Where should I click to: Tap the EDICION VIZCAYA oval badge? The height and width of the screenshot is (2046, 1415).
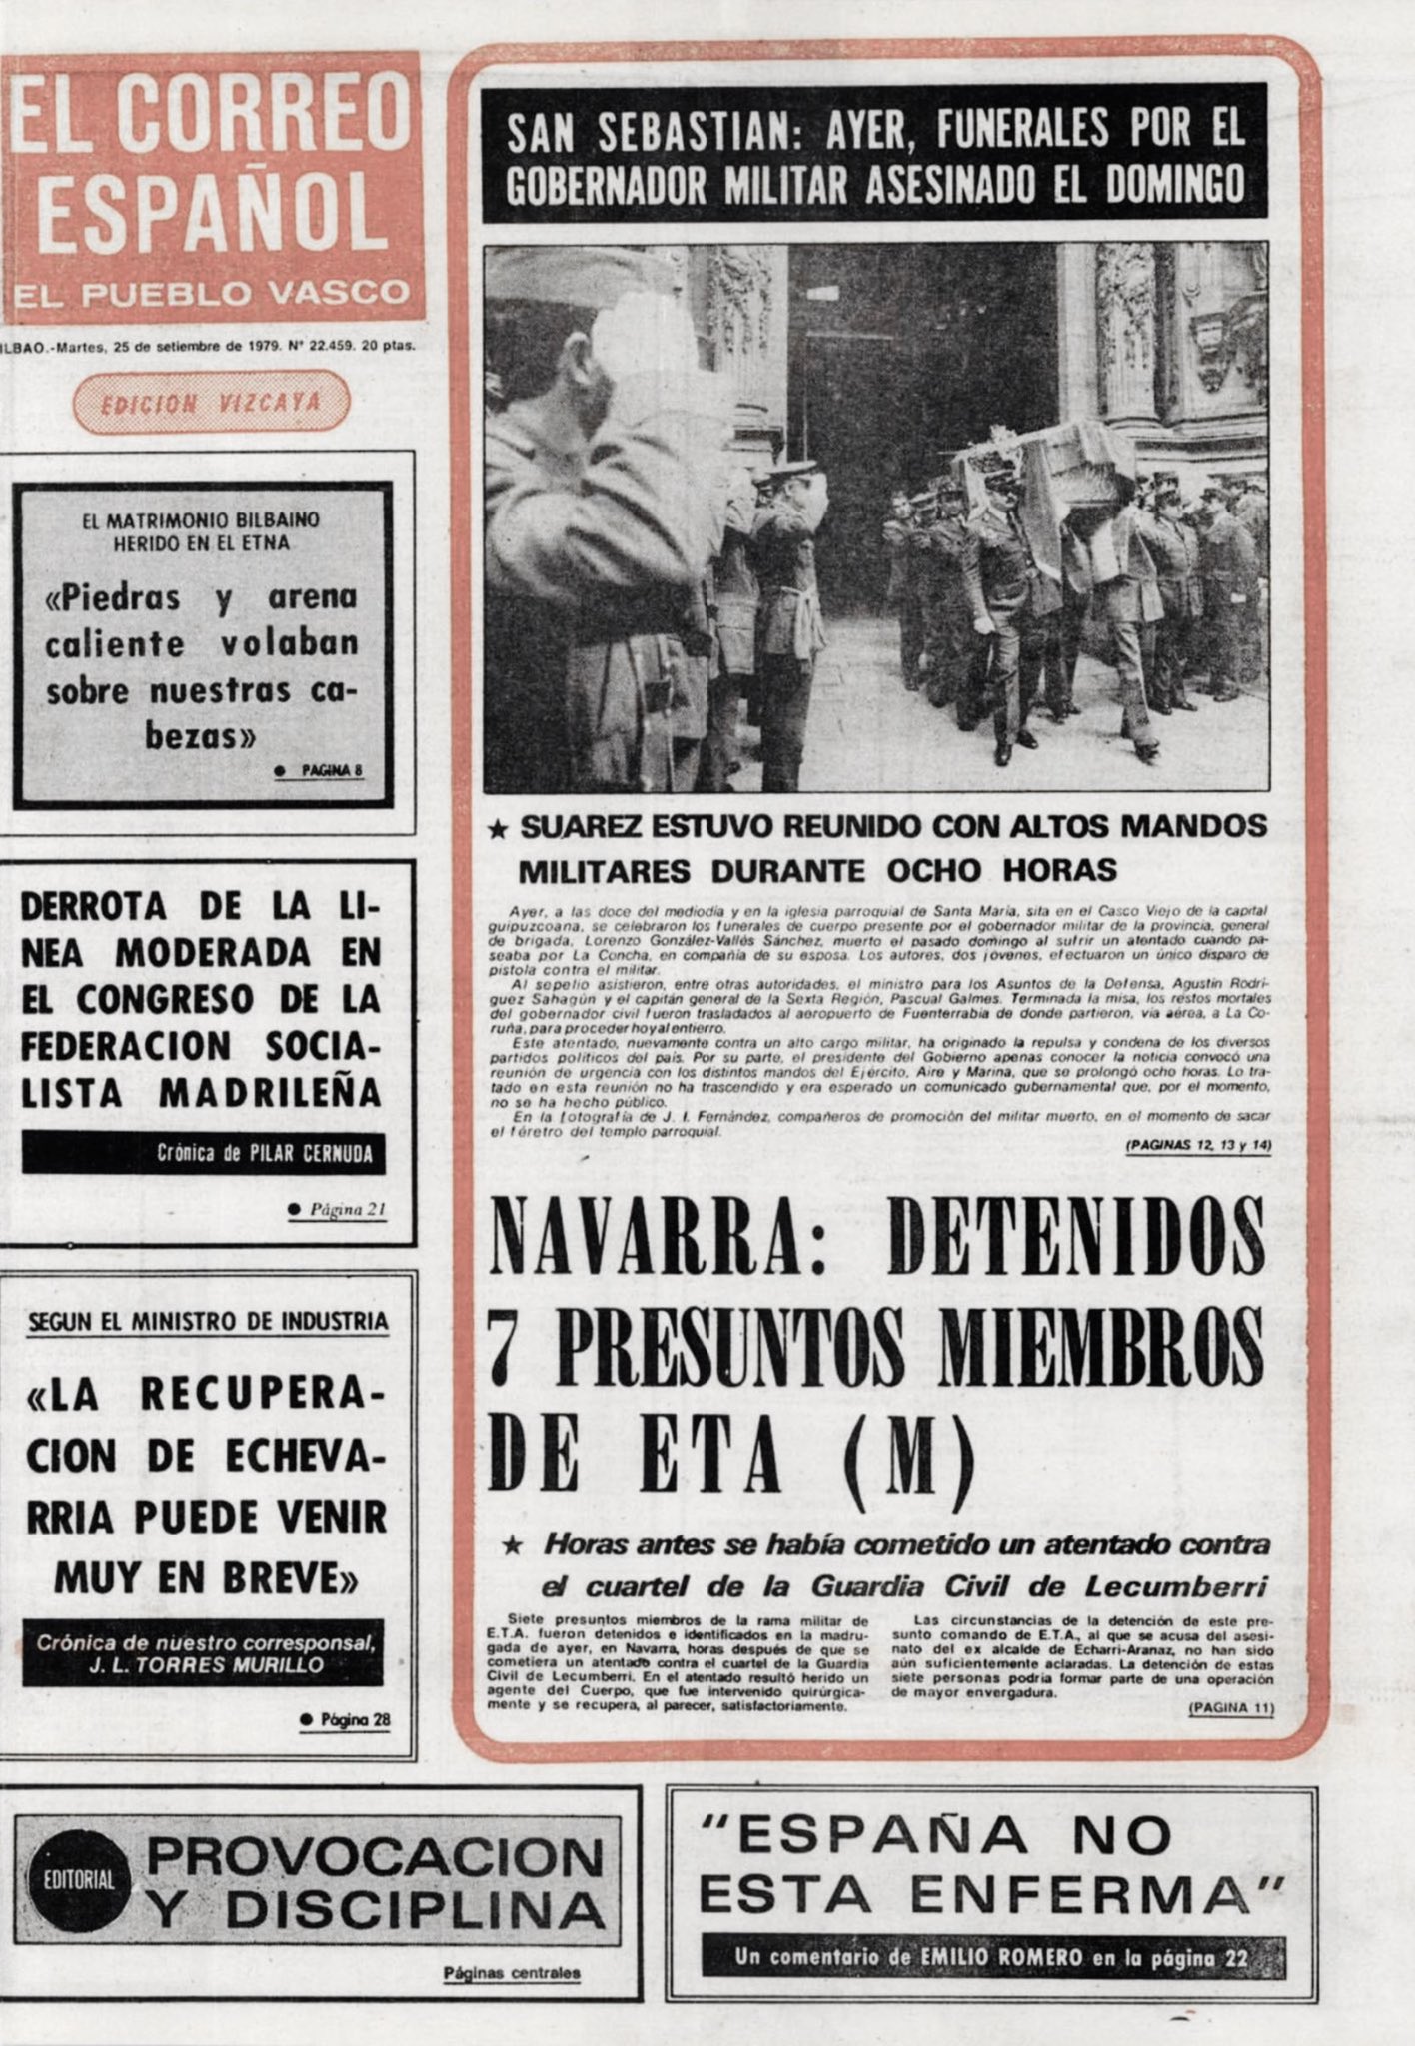pyautogui.click(x=211, y=403)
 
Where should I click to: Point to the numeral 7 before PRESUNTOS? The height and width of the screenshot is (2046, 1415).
pyautogui.click(x=507, y=1346)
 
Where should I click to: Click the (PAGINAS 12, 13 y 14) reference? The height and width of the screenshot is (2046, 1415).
pyautogui.click(x=1196, y=1148)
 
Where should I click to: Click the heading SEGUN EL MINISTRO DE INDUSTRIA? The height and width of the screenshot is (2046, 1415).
pyautogui.click(x=207, y=1322)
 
